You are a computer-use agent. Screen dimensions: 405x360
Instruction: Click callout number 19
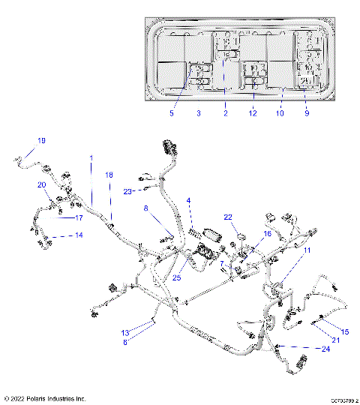[x=42, y=141]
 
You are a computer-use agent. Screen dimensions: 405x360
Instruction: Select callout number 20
[x=42, y=184]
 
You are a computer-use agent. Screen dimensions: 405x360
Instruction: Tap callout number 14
[x=78, y=235]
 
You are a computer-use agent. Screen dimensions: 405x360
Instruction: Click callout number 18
[x=109, y=175]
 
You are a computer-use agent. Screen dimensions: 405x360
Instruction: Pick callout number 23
[x=128, y=191]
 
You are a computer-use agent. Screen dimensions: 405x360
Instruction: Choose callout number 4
[x=189, y=200]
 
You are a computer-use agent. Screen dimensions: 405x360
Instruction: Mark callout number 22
[x=228, y=217]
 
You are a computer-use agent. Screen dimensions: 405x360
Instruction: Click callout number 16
[x=266, y=234]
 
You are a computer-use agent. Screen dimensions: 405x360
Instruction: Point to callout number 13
[x=126, y=331]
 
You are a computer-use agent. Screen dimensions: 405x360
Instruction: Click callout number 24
[x=325, y=349]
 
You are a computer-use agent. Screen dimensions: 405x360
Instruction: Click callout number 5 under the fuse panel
[x=171, y=113]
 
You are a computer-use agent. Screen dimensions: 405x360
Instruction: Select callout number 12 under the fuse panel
[x=253, y=113]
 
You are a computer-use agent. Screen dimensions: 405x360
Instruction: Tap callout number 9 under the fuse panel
[x=307, y=113]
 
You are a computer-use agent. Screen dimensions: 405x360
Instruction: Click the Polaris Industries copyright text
[x=46, y=398]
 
